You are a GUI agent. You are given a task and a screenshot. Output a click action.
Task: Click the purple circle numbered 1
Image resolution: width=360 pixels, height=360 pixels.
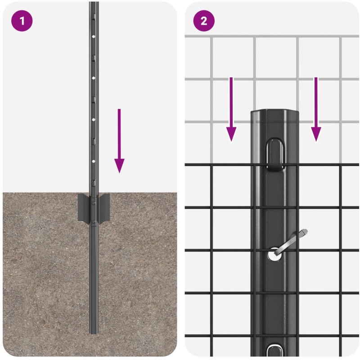[22, 21]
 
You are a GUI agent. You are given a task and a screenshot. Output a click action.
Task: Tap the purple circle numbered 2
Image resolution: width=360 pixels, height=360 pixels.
[204, 21]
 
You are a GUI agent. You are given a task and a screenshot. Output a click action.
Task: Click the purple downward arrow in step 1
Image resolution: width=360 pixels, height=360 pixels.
[119, 141]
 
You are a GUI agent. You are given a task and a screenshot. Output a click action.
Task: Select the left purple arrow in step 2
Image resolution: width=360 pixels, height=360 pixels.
[231, 109]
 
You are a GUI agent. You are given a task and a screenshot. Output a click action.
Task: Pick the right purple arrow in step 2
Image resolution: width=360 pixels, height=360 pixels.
[316, 109]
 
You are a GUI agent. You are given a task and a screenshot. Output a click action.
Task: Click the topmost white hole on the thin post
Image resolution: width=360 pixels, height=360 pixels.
[94, 36]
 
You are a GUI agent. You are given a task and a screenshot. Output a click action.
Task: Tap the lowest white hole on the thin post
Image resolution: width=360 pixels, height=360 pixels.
[94, 162]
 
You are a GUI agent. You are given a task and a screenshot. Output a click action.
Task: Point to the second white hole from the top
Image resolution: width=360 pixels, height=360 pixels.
[94, 78]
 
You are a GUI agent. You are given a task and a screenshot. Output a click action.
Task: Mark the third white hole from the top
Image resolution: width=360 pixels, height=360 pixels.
[94, 120]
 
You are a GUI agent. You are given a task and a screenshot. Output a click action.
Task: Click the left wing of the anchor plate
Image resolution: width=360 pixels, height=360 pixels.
[83, 207]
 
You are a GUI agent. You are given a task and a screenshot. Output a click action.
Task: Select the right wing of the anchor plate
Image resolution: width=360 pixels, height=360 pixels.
[104, 207]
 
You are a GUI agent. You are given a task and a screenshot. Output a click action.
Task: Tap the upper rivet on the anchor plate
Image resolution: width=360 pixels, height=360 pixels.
[93, 203]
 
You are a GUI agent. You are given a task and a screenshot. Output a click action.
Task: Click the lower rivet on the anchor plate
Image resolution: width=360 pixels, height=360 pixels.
[93, 221]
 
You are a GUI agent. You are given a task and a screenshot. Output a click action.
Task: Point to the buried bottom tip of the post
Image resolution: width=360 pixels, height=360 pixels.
[94, 333]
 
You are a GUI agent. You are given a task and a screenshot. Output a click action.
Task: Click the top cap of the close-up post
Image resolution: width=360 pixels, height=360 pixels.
[274, 114]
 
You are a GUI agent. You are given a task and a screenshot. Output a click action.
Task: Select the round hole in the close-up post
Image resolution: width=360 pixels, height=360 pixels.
[274, 255]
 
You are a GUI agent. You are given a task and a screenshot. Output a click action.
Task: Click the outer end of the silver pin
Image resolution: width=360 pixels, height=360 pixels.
[305, 232]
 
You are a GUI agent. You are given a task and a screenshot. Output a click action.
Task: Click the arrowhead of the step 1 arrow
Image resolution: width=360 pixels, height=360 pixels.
[119, 166]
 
